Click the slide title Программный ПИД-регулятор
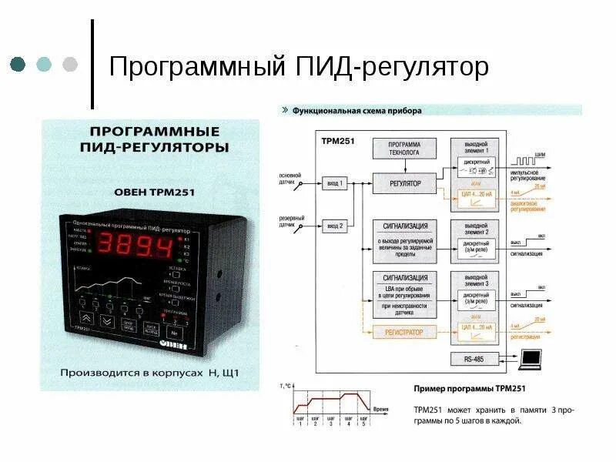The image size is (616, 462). [299, 67]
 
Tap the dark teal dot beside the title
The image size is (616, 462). [18, 64]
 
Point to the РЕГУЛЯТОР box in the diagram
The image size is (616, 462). [404, 184]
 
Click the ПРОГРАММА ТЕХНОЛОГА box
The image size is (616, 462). [404, 148]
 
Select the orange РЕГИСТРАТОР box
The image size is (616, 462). [404, 332]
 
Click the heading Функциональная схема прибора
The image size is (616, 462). [357, 110]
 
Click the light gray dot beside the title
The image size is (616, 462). [69, 64]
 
